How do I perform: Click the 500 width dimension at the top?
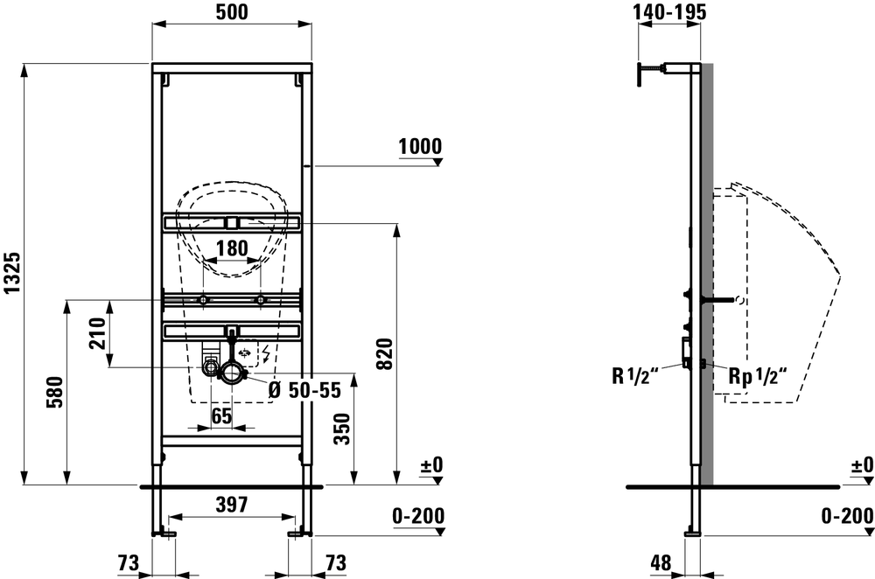pos(232,11)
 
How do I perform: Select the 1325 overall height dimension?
pos(12,273)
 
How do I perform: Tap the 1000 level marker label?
pos(420,146)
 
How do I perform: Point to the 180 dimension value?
pos(232,248)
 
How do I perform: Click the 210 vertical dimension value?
pos(98,333)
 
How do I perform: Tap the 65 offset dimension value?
pos(222,415)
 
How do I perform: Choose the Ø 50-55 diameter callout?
pos(304,390)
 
